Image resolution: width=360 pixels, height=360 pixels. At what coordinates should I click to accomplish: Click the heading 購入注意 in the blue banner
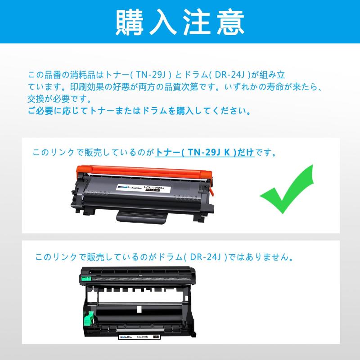point(180,22)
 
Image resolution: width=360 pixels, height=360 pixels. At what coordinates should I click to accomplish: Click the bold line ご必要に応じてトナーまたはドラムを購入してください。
point(139,110)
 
